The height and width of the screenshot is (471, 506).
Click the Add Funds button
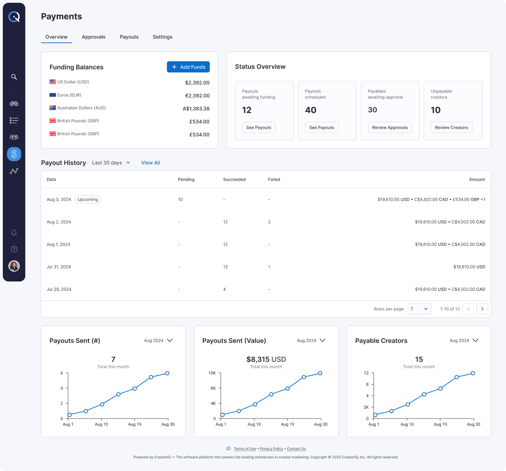pos(188,67)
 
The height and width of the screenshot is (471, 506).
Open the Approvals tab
pos(93,37)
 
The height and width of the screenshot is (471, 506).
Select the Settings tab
pos(162,37)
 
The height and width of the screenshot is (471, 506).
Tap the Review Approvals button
pos(390,128)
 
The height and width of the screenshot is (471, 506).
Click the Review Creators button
pos(452,128)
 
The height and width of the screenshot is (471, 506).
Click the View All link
pos(151,163)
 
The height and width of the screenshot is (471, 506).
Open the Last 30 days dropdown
pos(111,163)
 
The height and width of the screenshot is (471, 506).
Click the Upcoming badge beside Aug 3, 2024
pos(88,200)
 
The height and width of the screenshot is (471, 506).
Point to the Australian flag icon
pos(53,108)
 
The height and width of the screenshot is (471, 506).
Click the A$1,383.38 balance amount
pos(196,109)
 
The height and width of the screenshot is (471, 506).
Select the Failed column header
pos(274,180)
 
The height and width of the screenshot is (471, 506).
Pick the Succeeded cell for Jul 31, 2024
pos(226,267)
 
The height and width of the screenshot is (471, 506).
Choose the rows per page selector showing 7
pos(419,309)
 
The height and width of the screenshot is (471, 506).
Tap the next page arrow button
pos(482,309)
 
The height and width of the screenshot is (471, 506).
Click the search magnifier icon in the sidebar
pos(14,77)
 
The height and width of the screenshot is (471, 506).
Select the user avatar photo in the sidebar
pos(14,266)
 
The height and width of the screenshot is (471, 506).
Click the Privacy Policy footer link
pos(272,449)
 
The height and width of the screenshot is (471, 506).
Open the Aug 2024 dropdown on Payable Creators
pos(464,341)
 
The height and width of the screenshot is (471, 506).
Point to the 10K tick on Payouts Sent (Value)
pos(212,373)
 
